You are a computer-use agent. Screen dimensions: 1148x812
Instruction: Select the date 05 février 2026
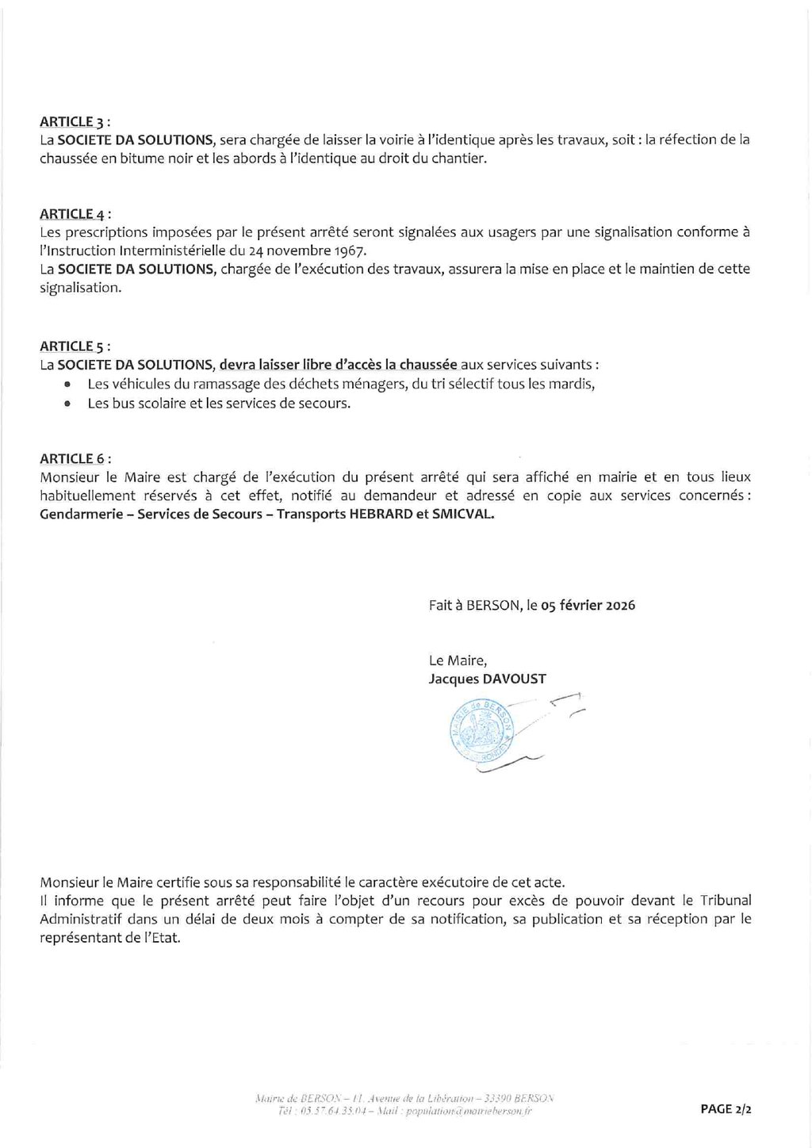tap(588, 605)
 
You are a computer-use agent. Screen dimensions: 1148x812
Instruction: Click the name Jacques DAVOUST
tap(487, 679)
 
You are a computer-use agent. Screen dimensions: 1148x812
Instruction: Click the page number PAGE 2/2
tap(726, 1109)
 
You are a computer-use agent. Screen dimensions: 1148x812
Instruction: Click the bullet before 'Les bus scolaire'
tap(68, 404)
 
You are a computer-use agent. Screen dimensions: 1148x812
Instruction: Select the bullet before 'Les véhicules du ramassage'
tap(68, 385)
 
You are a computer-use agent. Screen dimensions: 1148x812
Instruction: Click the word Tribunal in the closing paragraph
tap(726, 900)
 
